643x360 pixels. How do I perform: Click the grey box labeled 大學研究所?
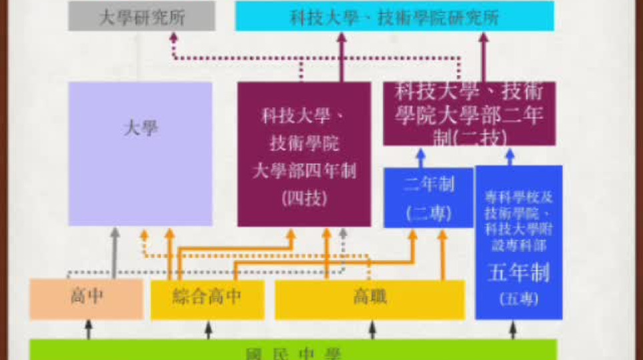pyautogui.click(x=141, y=17)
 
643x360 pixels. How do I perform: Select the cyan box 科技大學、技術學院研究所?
pyautogui.click(x=394, y=17)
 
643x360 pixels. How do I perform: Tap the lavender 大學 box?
pyautogui.click(x=141, y=153)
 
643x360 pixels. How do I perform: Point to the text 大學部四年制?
pyautogui.click(x=304, y=171)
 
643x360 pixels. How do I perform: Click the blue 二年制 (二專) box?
pyautogui.click(x=428, y=198)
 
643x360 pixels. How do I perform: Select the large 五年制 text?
pyautogui.click(x=518, y=273)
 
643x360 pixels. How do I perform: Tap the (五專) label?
pyautogui.click(x=518, y=299)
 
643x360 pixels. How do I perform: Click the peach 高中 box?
pyautogui.click(x=86, y=298)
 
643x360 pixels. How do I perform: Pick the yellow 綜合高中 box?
pyautogui.click(x=207, y=298)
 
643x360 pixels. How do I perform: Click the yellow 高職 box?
pyautogui.click(x=370, y=298)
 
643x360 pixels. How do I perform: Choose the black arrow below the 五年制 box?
pyautogui.click(x=512, y=329)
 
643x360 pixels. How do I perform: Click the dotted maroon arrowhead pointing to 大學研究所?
pyautogui.click(x=173, y=38)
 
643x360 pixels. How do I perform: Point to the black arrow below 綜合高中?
pyautogui.click(x=208, y=329)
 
